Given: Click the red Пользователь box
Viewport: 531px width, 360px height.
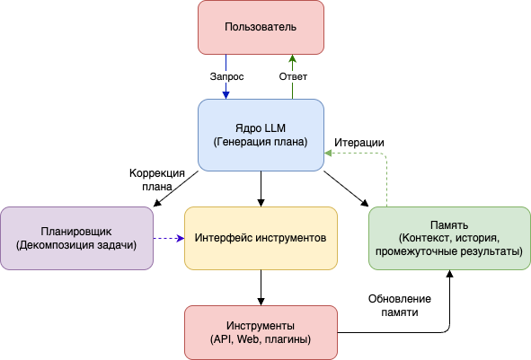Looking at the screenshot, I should pyautogui.click(x=261, y=27).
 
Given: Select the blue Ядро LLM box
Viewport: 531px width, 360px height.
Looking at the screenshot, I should pyautogui.click(x=261, y=134).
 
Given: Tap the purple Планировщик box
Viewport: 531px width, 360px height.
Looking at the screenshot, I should pyautogui.click(x=76, y=238).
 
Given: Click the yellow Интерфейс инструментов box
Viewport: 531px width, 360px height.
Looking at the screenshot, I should pyautogui.click(x=261, y=238).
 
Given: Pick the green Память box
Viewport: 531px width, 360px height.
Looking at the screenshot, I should pyautogui.click(x=448, y=238).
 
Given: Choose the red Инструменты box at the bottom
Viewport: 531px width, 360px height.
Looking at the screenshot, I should pyautogui.click(x=261, y=331).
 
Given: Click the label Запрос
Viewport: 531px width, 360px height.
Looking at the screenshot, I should pyautogui.click(x=226, y=76).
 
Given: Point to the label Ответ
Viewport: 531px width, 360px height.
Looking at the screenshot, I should pyautogui.click(x=293, y=76).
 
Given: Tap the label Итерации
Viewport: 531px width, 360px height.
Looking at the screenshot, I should pyautogui.click(x=359, y=142).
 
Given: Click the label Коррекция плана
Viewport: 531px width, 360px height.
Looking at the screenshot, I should pyautogui.click(x=156, y=180).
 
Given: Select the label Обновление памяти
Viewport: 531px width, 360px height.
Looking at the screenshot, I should pyautogui.click(x=400, y=305).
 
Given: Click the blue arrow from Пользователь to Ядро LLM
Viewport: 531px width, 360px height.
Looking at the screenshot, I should pyautogui.click(x=226, y=90).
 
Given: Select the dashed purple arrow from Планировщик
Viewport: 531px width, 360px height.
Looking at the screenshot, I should pyautogui.click(x=168, y=238).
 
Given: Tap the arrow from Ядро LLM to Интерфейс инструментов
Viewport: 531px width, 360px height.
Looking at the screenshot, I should pyautogui.click(x=261, y=188).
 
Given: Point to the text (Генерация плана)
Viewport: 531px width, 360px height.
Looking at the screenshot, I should pyautogui.click(x=261, y=142).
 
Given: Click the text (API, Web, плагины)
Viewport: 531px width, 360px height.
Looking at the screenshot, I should pyautogui.click(x=261, y=339).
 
